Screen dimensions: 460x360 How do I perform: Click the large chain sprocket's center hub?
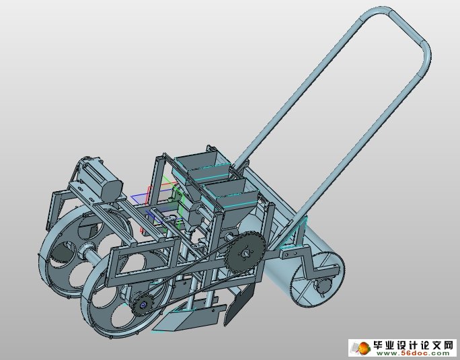246,252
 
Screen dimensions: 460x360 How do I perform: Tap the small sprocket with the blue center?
143,305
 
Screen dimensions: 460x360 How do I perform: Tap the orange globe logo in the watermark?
364,348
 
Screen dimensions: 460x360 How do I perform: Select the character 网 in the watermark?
448,345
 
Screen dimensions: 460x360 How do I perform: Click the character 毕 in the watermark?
379,345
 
